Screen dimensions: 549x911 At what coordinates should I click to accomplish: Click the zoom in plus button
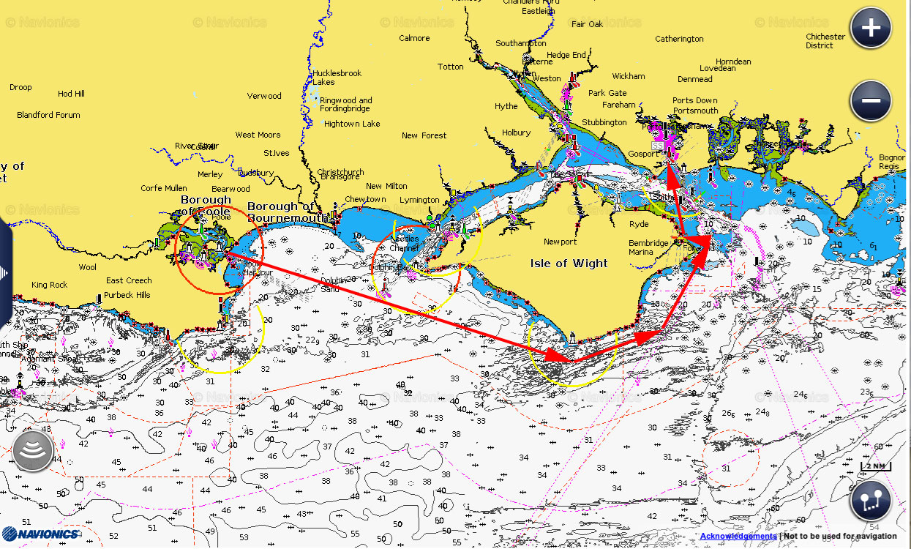coord(870,28)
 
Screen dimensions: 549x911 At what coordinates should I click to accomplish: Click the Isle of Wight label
coord(569,264)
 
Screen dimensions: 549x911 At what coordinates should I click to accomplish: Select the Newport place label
coord(560,242)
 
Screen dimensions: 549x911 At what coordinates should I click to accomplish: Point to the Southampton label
coord(520,43)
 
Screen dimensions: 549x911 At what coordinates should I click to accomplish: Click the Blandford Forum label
coord(48,115)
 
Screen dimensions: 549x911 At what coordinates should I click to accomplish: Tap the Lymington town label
coord(419,200)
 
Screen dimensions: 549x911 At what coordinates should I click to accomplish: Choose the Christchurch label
coord(340,173)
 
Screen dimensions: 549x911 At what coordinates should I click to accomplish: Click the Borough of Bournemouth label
coord(280,212)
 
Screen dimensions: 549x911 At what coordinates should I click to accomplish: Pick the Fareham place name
coord(619,105)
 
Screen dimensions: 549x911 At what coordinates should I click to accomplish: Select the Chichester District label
coord(825,41)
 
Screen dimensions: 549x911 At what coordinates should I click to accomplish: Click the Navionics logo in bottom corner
coord(40,534)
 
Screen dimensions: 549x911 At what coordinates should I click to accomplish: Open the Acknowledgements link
coord(738,537)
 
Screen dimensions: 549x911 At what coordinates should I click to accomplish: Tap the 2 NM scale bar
coord(875,466)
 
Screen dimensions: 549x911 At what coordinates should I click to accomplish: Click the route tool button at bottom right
coord(870,501)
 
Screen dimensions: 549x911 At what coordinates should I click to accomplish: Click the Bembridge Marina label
coord(648,247)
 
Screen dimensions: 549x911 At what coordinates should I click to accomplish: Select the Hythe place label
coord(506,106)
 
